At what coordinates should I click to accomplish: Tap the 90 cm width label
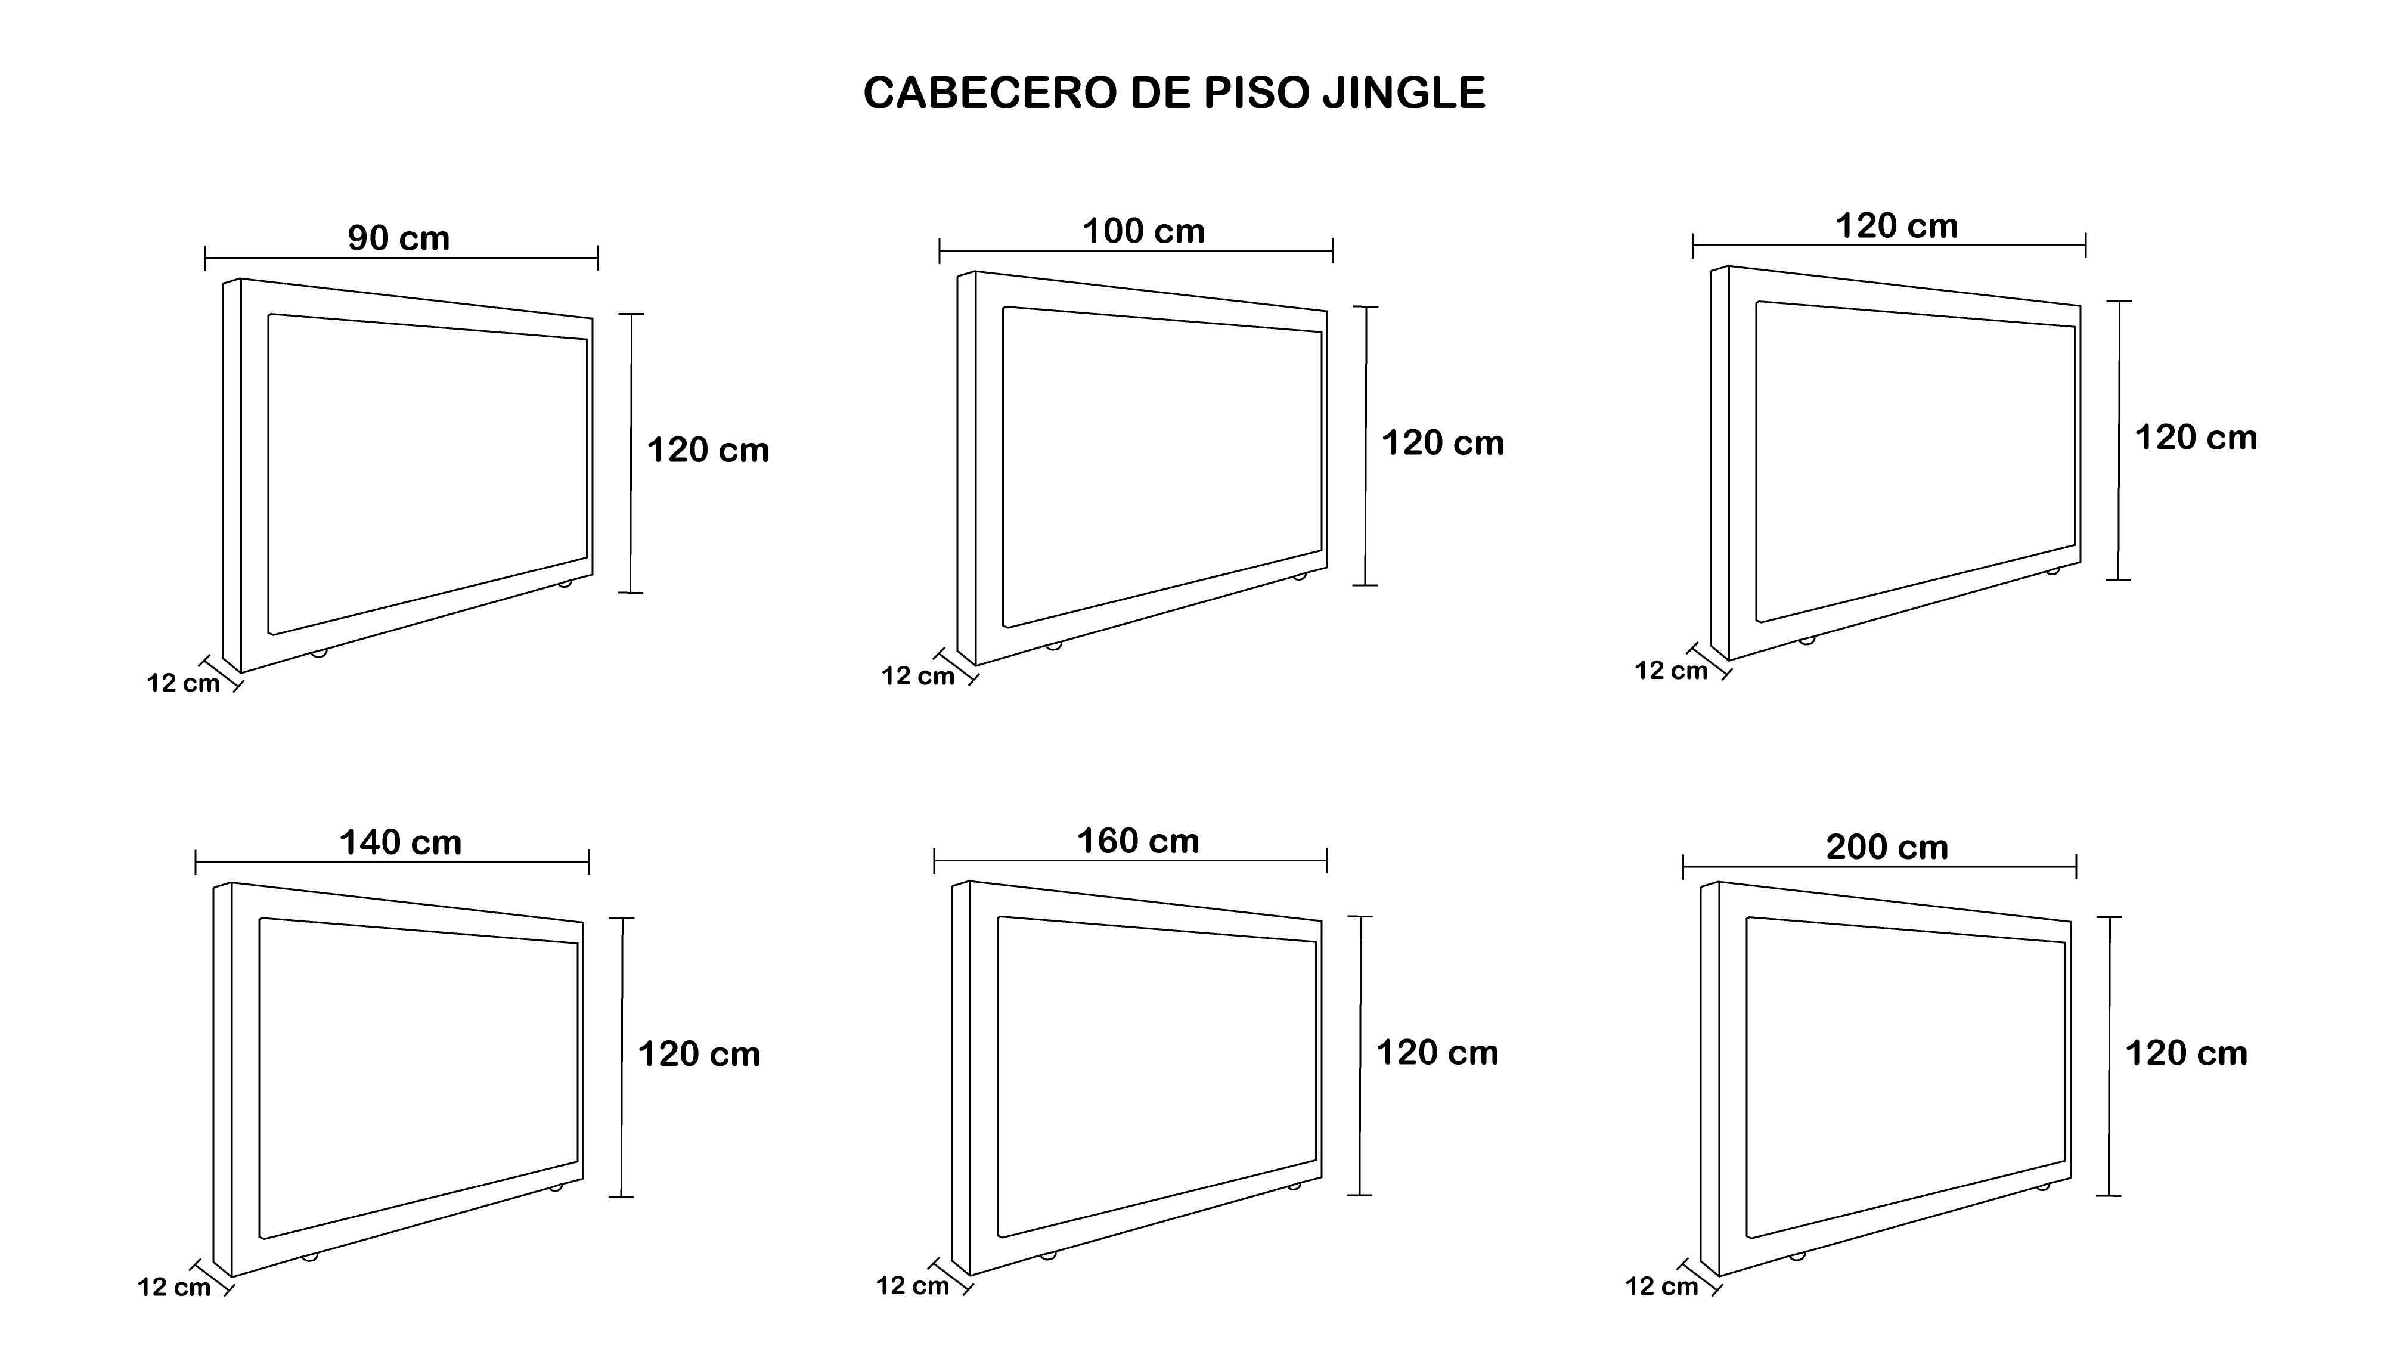[399, 238]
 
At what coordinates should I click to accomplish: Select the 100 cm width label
[1143, 231]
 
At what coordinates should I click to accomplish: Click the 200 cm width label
[1887, 847]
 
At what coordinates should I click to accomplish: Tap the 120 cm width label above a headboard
[1896, 226]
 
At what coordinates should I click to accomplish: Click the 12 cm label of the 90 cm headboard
[183, 683]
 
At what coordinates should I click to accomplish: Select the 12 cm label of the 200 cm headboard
[1661, 1287]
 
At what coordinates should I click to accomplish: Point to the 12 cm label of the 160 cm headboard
[913, 1286]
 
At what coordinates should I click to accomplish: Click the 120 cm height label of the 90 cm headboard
[708, 450]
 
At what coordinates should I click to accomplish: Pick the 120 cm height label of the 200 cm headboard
[2187, 1053]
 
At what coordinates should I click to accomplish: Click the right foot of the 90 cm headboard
[564, 584]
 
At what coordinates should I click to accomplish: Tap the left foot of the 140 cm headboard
[310, 1257]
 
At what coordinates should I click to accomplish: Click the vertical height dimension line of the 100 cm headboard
[1366, 445]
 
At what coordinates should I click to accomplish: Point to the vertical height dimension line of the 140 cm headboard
[621, 1056]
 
